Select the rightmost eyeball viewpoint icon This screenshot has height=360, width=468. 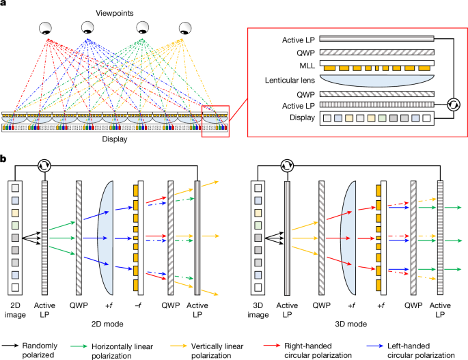click(x=185, y=29)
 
